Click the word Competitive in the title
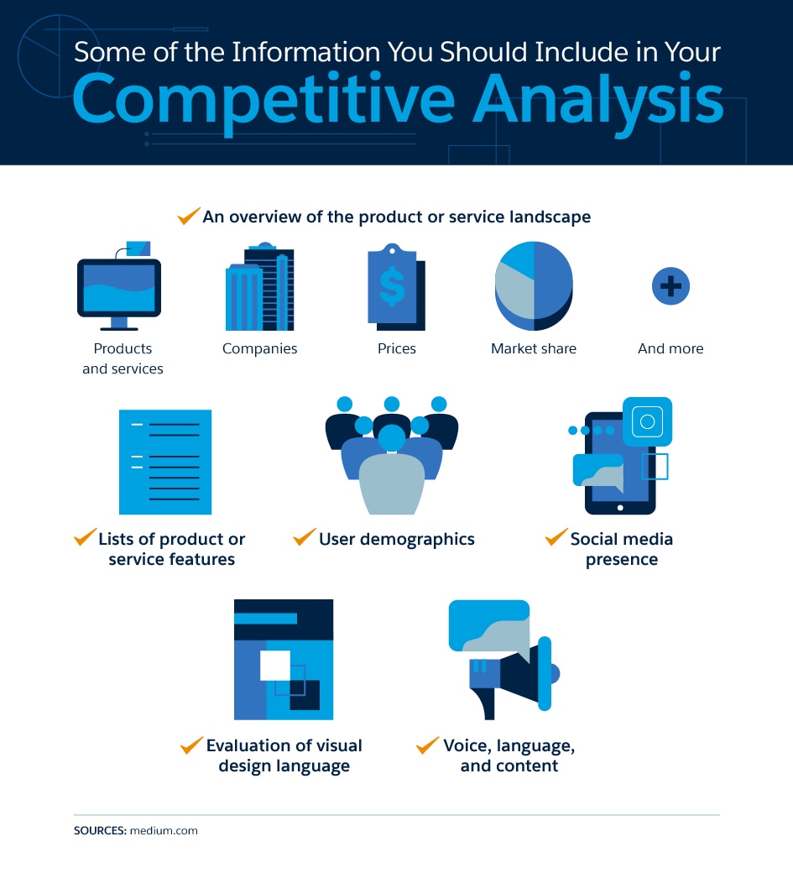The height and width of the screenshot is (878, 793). [x=263, y=101]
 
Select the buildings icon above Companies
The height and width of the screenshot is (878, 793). [x=259, y=286]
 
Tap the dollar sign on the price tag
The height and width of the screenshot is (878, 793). [x=392, y=285]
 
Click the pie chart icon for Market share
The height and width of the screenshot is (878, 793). [x=534, y=285]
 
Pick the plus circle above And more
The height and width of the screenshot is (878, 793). [x=670, y=286]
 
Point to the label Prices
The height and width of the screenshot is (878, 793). [x=397, y=348]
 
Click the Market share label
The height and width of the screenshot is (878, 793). [x=534, y=348]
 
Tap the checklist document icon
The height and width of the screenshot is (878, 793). [x=165, y=462]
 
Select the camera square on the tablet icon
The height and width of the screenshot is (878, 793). [x=648, y=421]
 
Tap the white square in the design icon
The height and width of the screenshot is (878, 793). [x=275, y=666]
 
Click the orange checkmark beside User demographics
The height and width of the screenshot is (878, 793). [x=305, y=536]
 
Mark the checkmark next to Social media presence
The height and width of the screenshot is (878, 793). [x=556, y=536]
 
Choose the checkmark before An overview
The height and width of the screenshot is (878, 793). [x=189, y=216]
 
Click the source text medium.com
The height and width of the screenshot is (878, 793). [x=164, y=830]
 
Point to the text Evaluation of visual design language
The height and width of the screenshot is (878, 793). [x=284, y=755]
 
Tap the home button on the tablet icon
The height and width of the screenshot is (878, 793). [x=620, y=508]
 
